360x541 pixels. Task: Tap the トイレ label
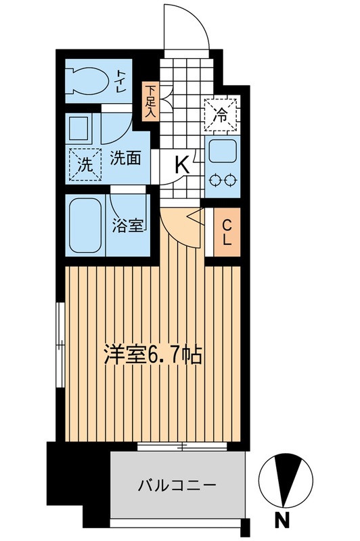(121, 80)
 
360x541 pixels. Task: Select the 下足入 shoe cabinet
(150, 102)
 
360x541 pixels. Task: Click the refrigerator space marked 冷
(221, 115)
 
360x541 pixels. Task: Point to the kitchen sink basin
(222, 151)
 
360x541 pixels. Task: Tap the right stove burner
(230, 180)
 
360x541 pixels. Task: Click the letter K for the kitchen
(182, 164)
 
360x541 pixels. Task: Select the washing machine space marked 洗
(85, 164)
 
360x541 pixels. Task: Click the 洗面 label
(125, 158)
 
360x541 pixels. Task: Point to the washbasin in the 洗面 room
(78, 128)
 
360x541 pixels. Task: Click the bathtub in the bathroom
(85, 225)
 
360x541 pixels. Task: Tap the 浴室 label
(127, 226)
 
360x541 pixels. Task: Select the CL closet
(227, 232)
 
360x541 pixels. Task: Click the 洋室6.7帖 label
(153, 354)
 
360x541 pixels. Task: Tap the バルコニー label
(177, 486)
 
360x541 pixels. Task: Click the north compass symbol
(286, 480)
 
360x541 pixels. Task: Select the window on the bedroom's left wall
(61, 345)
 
